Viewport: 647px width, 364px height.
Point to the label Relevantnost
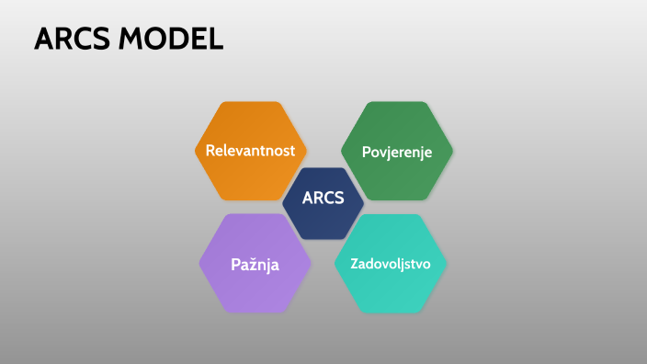[x=251, y=150]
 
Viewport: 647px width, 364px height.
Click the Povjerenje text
[x=396, y=151]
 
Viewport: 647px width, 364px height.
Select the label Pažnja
[x=255, y=265]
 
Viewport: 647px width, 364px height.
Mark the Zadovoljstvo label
[x=391, y=264]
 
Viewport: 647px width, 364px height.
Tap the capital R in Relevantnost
[x=211, y=150]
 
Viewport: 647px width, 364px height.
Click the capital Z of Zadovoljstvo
[x=355, y=264]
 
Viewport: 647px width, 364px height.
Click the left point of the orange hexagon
[x=196, y=150]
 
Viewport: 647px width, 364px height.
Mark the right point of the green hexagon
[x=452, y=150]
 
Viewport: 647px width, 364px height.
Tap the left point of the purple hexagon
[x=200, y=264]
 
